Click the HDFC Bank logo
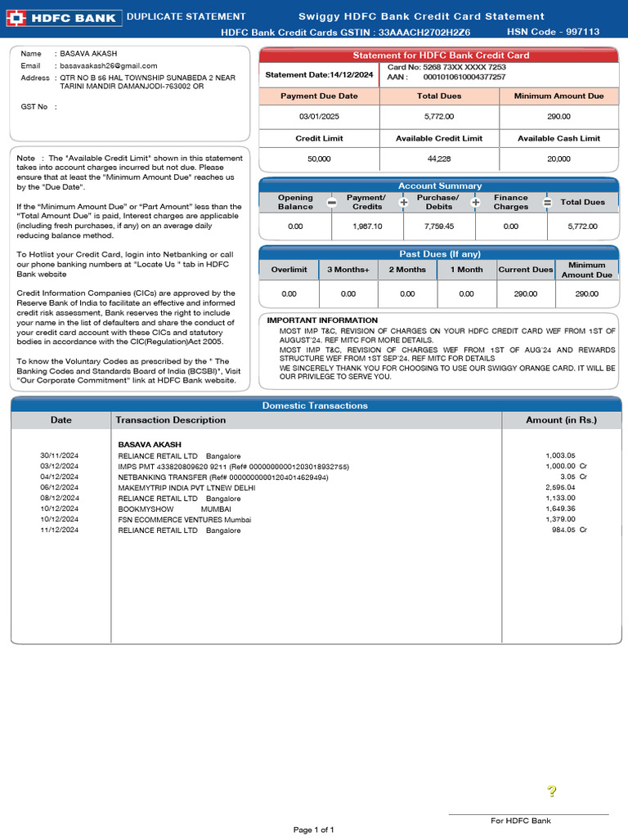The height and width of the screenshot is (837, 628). (x=64, y=18)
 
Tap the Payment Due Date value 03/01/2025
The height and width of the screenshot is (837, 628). (x=318, y=117)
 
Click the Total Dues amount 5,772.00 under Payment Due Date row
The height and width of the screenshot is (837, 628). (x=439, y=117)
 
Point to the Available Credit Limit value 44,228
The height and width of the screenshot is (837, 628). (x=439, y=159)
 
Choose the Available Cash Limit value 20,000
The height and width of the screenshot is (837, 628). (x=558, y=159)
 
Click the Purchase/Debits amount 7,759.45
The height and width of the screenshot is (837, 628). (x=439, y=226)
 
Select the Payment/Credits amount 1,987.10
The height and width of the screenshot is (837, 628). (x=367, y=226)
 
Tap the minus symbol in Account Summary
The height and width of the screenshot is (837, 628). (x=331, y=203)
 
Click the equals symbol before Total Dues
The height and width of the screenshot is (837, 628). (x=547, y=203)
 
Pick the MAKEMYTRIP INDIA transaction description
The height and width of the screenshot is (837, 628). (x=186, y=487)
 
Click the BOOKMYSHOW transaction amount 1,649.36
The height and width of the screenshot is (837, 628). (x=560, y=508)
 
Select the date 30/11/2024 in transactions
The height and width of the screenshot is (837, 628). (x=60, y=455)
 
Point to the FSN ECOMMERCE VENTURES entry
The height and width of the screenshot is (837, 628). (x=184, y=519)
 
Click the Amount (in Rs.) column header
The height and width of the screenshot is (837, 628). (x=561, y=420)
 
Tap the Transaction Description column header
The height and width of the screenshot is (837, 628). (x=171, y=420)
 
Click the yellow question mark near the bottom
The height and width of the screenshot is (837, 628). (x=552, y=791)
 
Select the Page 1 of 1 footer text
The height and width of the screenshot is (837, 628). (x=314, y=830)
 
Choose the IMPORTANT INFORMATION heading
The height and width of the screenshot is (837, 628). (x=322, y=320)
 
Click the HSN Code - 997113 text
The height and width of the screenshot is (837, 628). (x=553, y=32)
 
